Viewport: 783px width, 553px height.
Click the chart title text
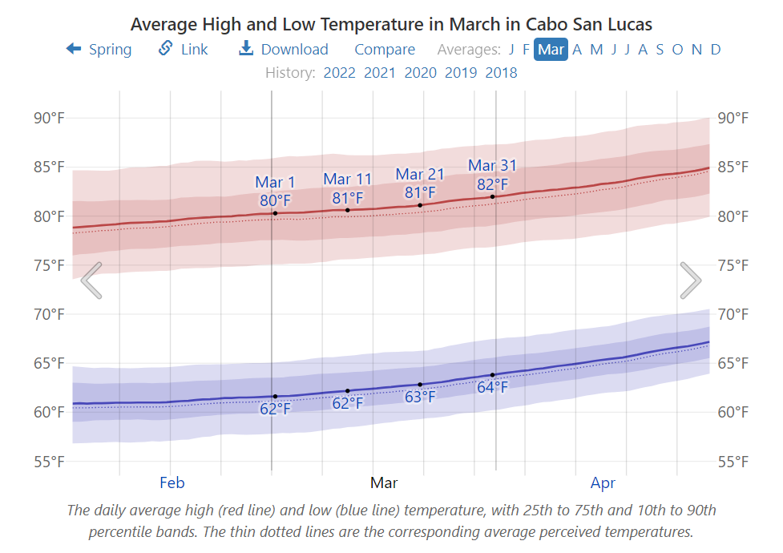tap(391, 24)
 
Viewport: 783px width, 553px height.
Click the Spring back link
tap(99, 50)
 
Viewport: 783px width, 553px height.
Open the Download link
tap(284, 50)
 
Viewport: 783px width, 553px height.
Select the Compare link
tap(385, 50)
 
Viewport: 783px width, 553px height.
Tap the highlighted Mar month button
tap(551, 50)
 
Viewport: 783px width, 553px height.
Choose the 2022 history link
tap(339, 73)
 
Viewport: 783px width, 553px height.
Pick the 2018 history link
tap(501, 73)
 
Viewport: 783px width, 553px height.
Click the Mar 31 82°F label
tap(492, 175)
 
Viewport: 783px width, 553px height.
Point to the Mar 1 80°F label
tap(275, 191)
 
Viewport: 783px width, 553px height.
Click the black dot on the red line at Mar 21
tap(420, 205)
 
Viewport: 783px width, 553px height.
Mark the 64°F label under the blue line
tap(492, 388)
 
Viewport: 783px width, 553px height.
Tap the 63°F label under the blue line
tap(420, 397)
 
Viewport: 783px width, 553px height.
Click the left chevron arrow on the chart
tap(91, 281)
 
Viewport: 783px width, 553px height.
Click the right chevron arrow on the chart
tap(690, 281)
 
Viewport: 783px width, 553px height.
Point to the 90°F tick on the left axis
tap(49, 118)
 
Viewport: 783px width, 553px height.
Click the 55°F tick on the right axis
tap(733, 462)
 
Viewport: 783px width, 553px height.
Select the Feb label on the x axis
tap(172, 482)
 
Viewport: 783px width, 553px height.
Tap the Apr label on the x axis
tap(603, 482)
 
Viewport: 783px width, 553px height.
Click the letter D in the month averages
tap(716, 50)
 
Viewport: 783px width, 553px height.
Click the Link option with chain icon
tap(184, 50)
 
